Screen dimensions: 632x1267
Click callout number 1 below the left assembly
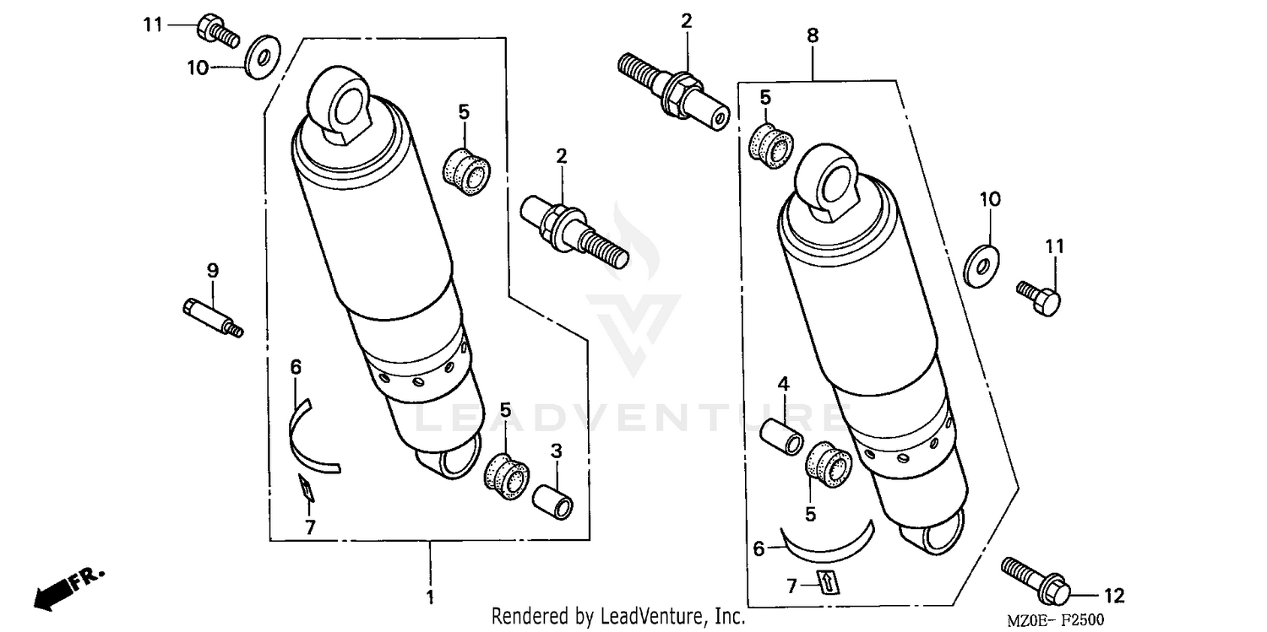click(430, 597)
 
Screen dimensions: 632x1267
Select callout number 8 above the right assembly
click(813, 36)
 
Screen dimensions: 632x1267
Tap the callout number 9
click(213, 271)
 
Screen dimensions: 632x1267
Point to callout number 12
click(1114, 597)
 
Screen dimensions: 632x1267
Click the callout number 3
click(556, 452)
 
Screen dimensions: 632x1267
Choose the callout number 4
click(783, 384)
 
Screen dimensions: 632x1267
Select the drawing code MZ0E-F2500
click(1055, 620)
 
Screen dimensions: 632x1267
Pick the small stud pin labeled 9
click(211, 317)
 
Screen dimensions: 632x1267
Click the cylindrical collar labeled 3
click(552, 499)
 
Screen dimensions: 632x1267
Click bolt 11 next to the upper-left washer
click(215, 30)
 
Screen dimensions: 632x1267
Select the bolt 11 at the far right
click(1038, 298)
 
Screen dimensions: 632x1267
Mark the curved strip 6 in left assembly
click(308, 432)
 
